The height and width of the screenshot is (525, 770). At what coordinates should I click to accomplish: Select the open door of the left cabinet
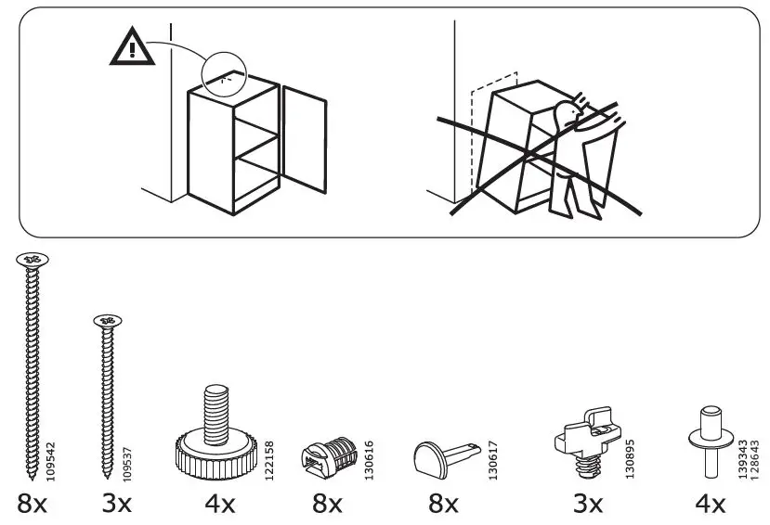pos(305,139)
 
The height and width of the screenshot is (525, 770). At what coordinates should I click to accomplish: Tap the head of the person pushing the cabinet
pos(566,116)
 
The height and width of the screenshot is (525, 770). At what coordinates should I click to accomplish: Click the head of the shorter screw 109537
pos(108,322)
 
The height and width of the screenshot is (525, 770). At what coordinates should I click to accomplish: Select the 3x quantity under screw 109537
pos(117,505)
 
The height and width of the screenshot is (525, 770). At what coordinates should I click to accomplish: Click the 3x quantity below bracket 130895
pos(586,505)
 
